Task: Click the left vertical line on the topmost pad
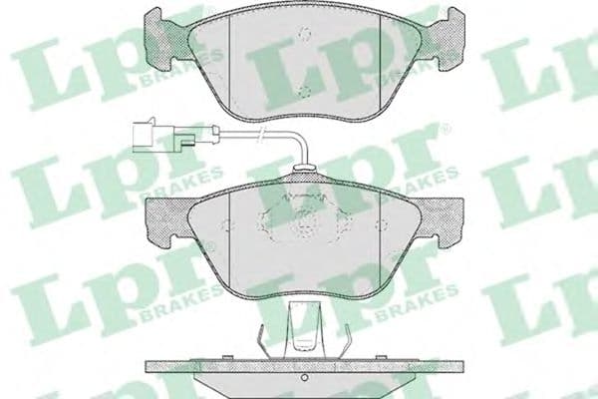tap(229, 60)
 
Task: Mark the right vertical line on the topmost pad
tap(378, 60)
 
